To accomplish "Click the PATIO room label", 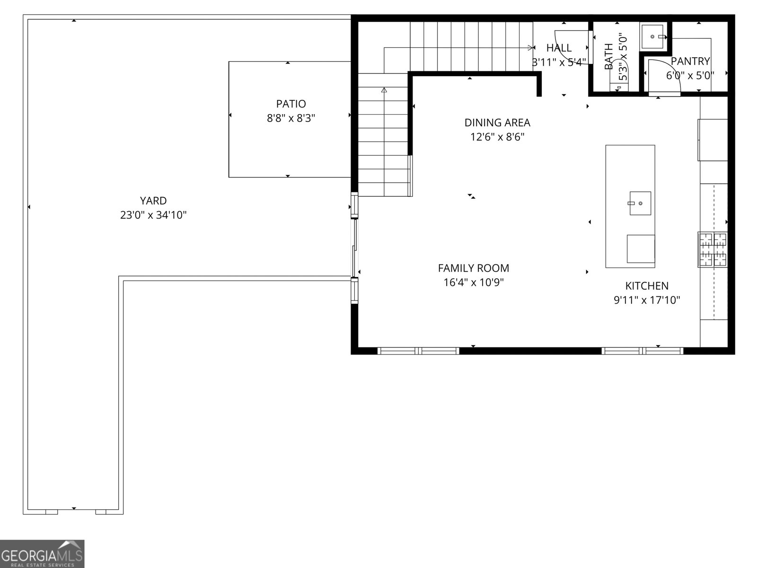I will click(291, 104).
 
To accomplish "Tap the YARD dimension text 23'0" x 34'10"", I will click(153, 215).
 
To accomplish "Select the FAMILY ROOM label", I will click(473, 268).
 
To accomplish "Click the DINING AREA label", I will click(497, 123).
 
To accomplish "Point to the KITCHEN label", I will click(647, 286).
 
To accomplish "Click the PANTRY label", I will click(690, 61).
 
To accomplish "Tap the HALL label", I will click(559, 48).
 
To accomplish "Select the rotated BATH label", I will click(609, 57).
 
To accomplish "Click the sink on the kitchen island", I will click(640, 203).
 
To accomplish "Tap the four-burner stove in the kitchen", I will click(713, 249).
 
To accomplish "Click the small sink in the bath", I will click(653, 36).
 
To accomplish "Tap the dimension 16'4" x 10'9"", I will click(473, 283).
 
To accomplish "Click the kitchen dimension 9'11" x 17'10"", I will click(647, 300).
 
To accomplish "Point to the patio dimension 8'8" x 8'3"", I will click(291, 118).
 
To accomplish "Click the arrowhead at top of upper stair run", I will click(530, 47).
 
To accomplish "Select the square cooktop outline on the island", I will click(641, 248).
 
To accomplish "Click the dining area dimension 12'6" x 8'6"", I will click(497, 137).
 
